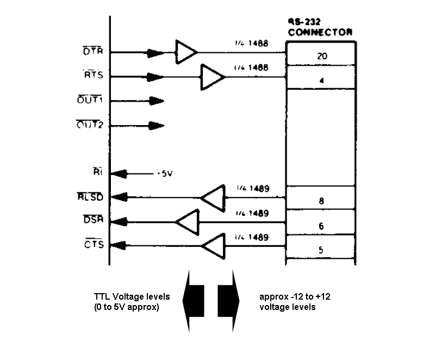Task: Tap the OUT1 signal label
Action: click(x=90, y=101)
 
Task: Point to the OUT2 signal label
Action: click(x=90, y=125)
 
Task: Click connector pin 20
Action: click(x=320, y=56)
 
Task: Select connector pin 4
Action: click(x=321, y=80)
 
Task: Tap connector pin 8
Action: click(x=321, y=201)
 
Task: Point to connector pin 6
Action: click(x=321, y=225)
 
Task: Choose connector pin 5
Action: click(x=321, y=250)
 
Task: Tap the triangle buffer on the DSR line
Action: click(x=187, y=222)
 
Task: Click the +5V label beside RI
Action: click(x=165, y=173)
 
